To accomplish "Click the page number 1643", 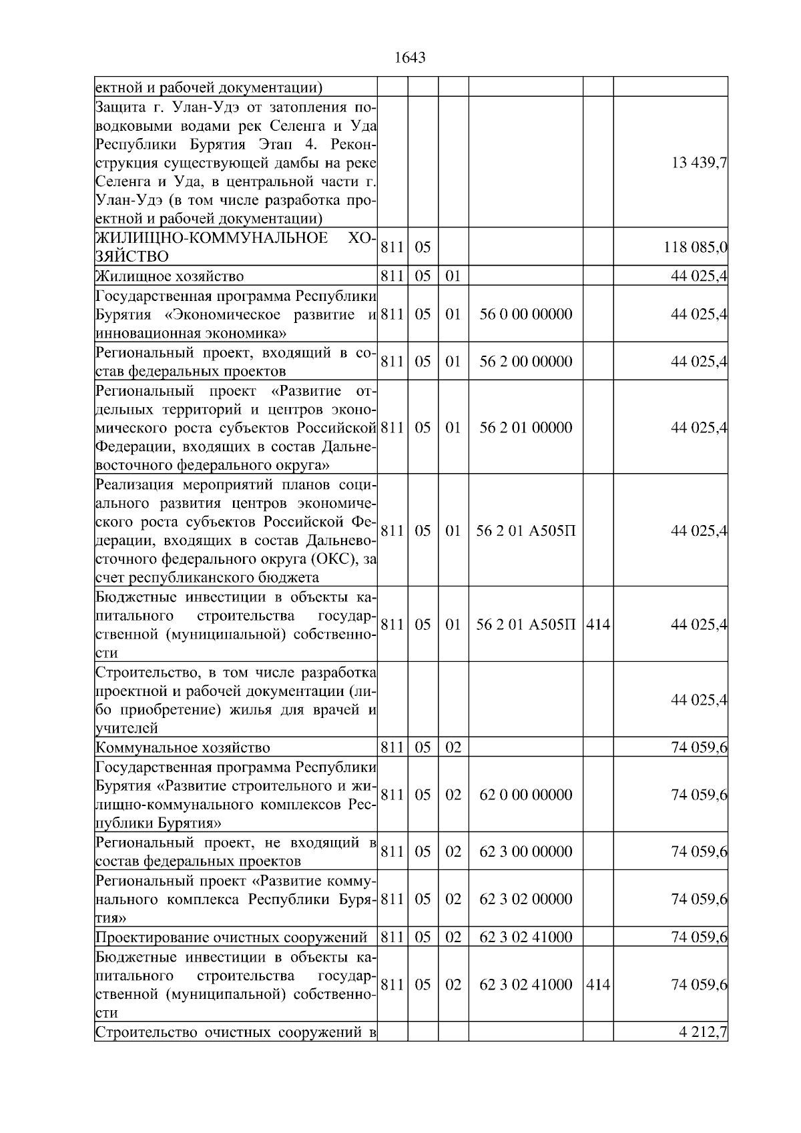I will (x=410, y=58).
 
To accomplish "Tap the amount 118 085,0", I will (x=695, y=248).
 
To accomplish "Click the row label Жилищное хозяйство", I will (x=170, y=276).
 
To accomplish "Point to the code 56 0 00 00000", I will (x=525, y=314).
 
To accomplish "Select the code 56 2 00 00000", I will (x=525, y=362).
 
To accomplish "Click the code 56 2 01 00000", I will (x=525, y=428).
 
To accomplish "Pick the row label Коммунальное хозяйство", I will (x=183, y=747).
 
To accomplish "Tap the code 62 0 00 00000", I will (x=525, y=795).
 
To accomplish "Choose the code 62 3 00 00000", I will (x=525, y=851).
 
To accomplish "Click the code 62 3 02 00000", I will (x=525, y=899).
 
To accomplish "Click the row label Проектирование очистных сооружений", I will (x=231, y=937).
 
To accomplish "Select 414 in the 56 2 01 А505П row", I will (x=597, y=625).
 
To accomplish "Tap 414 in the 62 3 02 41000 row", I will (x=597, y=984).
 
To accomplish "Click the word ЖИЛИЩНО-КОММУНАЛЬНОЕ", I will (x=212, y=238).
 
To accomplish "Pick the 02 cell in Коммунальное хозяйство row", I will (x=453, y=747).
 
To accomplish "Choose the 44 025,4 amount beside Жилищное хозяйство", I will (x=699, y=276).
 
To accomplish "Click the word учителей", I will (x=126, y=729).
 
